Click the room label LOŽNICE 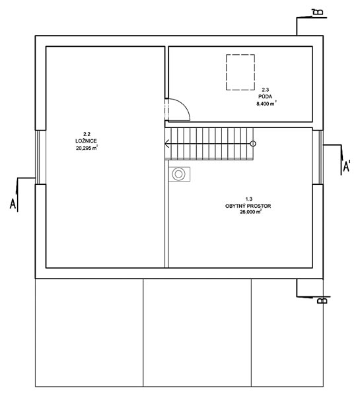coord(86,141)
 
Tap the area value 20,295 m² coord(87,148)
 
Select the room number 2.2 coord(87,134)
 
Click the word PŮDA coord(265,96)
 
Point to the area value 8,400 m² coord(266,104)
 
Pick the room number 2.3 coord(265,90)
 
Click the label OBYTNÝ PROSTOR coord(248,206)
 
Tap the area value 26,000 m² coord(250,213)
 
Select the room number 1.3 coord(249,199)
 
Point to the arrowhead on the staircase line coord(166,144)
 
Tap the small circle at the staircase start coord(253,144)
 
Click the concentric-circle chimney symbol coord(178,174)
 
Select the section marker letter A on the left coord(13,204)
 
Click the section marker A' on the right coord(346,166)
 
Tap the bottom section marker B coord(322,300)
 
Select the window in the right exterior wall coord(318,157)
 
